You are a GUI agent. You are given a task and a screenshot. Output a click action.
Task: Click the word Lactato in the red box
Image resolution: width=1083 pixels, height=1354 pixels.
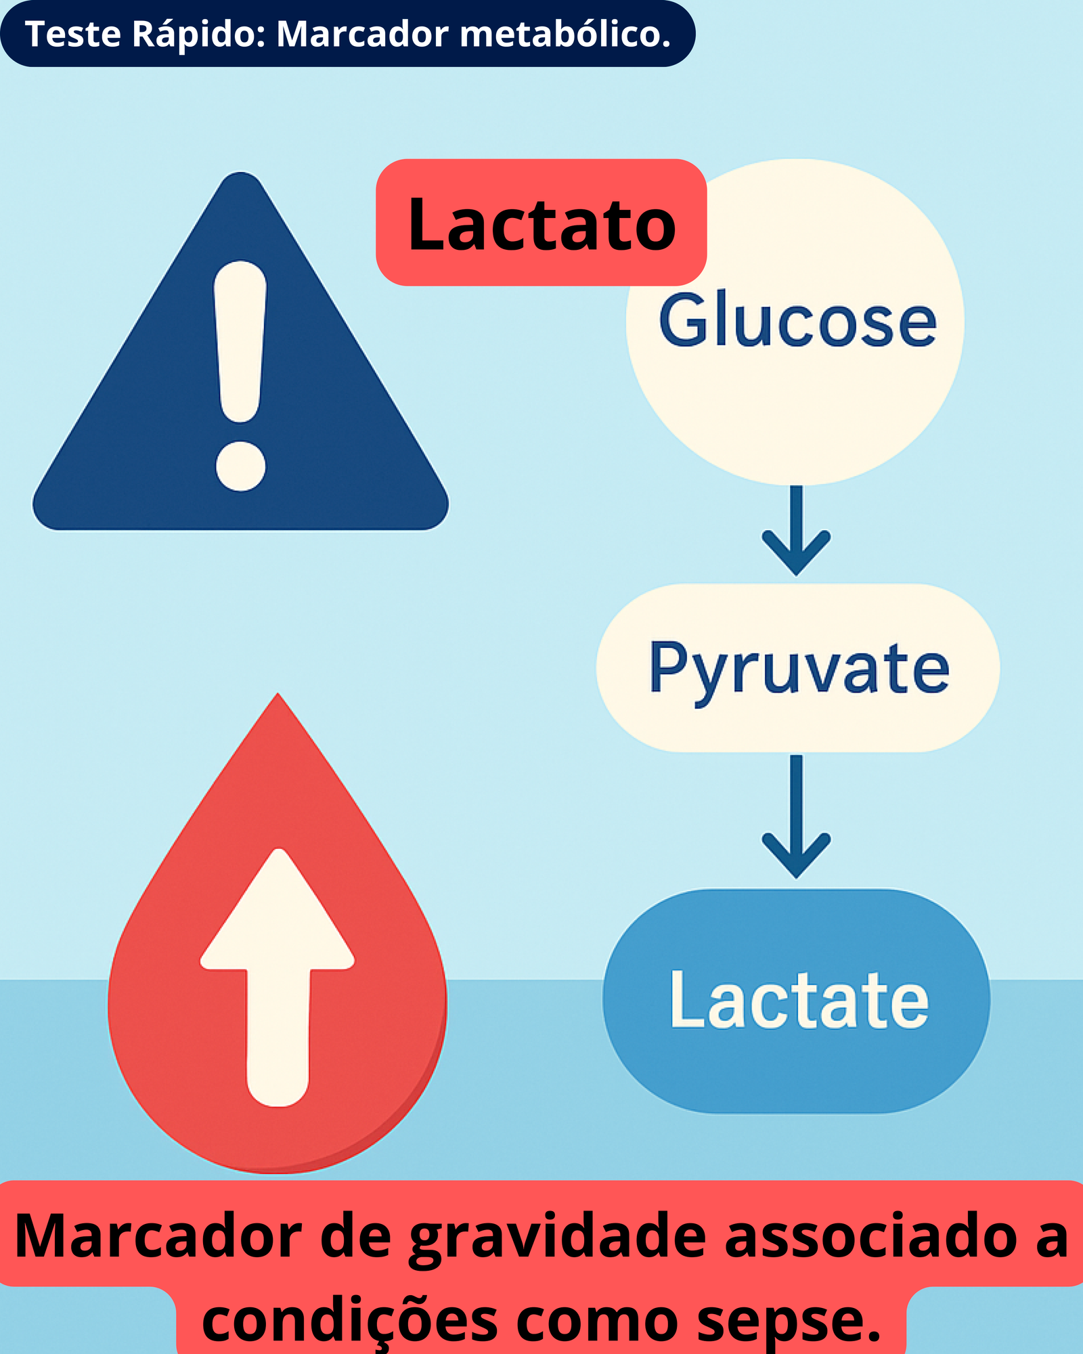click(x=541, y=223)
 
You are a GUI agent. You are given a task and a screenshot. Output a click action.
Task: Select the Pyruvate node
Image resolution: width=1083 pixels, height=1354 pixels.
click(x=798, y=668)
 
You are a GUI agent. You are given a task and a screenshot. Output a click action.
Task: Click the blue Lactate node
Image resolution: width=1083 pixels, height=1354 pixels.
click(x=797, y=1000)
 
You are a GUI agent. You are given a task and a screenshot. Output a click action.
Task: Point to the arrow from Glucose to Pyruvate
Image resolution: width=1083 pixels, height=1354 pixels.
click(x=797, y=530)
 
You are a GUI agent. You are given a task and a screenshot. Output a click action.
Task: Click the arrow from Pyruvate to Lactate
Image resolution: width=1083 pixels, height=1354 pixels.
click(x=797, y=816)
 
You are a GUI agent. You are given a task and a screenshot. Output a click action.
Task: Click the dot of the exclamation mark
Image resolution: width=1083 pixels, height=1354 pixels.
click(x=240, y=466)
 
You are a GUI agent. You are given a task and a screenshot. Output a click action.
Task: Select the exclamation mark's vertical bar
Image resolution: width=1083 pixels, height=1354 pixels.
click(x=240, y=342)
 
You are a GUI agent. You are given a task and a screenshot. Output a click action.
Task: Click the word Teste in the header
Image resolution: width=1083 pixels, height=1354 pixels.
click(x=73, y=34)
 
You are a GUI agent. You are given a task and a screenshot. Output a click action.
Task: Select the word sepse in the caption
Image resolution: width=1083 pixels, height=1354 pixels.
click(x=789, y=1322)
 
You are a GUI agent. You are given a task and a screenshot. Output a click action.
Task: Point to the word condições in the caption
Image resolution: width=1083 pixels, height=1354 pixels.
click(x=350, y=1320)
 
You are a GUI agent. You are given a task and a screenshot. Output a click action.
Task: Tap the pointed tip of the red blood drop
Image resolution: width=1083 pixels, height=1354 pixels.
click(x=278, y=693)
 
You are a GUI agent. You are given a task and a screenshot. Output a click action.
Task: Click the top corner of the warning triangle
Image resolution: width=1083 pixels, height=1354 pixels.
click(x=240, y=173)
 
